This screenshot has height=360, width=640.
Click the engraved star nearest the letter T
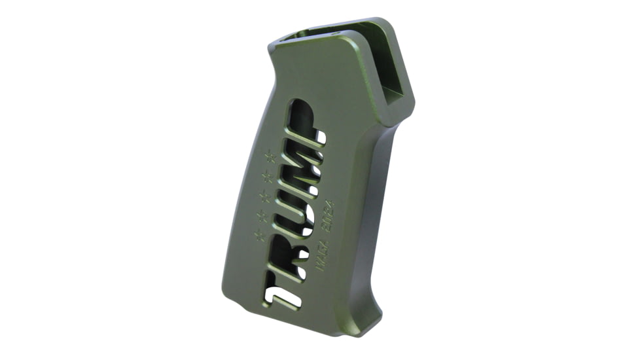pyautogui.click(x=259, y=236)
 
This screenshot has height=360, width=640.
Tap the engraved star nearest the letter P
pyautogui.click(x=269, y=155)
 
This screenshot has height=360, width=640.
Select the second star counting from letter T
pyautogui.click(x=261, y=215)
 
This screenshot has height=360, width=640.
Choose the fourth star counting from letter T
pyautogui.click(x=266, y=175)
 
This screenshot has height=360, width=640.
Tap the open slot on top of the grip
pyautogui.click(x=321, y=34)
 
